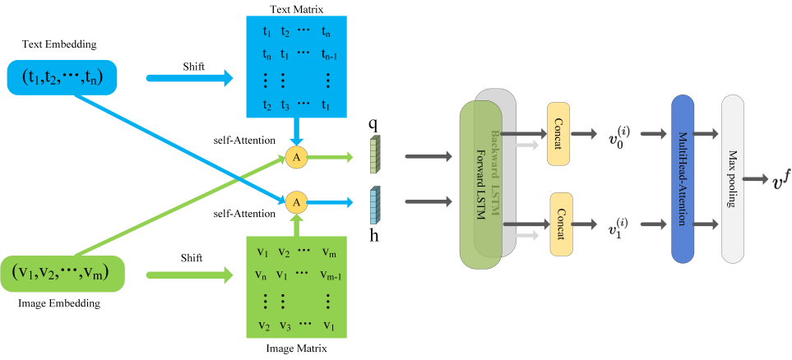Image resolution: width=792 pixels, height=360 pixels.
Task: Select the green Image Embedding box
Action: [x=63, y=273]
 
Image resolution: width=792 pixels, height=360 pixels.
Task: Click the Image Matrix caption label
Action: [x=296, y=348]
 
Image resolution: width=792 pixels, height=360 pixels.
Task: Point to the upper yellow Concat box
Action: [x=558, y=133]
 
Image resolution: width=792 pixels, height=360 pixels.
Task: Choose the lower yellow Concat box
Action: [x=562, y=224]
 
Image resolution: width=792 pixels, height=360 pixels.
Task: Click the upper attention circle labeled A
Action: [x=297, y=157]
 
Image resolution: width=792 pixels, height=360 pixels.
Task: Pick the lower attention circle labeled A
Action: [x=297, y=202]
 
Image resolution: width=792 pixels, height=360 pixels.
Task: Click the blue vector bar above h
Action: [x=373, y=205]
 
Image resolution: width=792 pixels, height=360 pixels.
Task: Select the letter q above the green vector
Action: [x=373, y=122]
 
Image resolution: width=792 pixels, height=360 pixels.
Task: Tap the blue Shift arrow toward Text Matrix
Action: [x=189, y=78]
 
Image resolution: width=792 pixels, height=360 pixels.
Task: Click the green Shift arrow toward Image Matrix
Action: [x=189, y=275]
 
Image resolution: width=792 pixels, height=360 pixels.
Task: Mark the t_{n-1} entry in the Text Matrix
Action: [x=328, y=55]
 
